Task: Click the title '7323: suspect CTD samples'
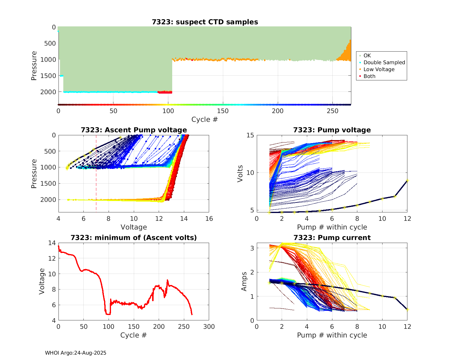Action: (205, 22)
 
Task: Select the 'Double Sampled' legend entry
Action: (384, 62)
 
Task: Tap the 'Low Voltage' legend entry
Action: (379, 69)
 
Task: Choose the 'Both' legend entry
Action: (369, 76)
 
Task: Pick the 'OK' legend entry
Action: (367, 55)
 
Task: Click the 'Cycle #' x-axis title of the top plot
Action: (205, 119)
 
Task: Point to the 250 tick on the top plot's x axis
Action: (332, 111)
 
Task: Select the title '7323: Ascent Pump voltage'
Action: (134, 130)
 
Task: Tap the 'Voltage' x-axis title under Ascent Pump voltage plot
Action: (134, 227)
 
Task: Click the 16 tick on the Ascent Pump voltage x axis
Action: (209, 219)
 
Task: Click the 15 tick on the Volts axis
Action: (250, 135)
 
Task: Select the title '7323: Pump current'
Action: (332, 238)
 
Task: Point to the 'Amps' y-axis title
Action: (244, 281)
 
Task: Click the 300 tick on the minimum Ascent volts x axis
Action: (209, 327)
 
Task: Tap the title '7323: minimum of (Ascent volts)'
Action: (134, 238)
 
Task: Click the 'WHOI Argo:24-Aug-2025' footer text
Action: (76, 353)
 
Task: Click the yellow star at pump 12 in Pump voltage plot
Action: (407, 180)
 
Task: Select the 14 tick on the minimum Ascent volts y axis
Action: (52, 243)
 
